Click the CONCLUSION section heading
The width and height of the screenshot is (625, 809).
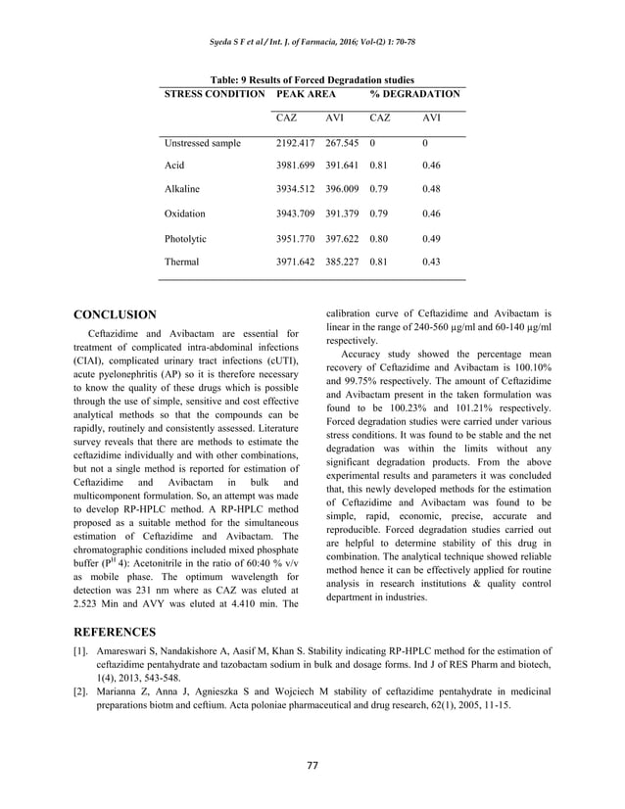click(116, 314)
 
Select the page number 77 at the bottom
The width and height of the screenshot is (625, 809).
click(312, 764)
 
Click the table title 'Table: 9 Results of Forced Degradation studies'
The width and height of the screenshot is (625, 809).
click(312, 79)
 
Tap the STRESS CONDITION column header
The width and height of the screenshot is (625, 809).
click(214, 94)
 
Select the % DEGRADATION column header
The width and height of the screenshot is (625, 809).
click(414, 94)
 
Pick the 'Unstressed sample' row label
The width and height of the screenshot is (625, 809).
click(203, 143)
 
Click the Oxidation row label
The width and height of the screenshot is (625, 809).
click(185, 213)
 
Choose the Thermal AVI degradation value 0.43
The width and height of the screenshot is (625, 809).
click(430, 262)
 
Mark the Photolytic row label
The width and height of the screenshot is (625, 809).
click(186, 237)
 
